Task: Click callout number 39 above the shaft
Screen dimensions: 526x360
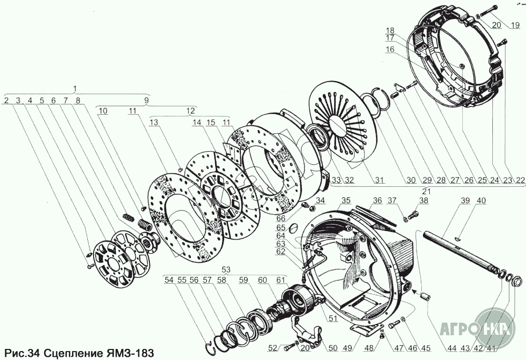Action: [465, 201]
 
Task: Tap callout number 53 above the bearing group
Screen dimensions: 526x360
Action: [226, 269]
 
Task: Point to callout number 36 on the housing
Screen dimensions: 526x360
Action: [377, 201]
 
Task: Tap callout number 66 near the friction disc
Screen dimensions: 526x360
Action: [295, 218]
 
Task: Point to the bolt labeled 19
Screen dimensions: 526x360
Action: [486, 13]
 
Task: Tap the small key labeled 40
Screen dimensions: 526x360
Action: [458, 237]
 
